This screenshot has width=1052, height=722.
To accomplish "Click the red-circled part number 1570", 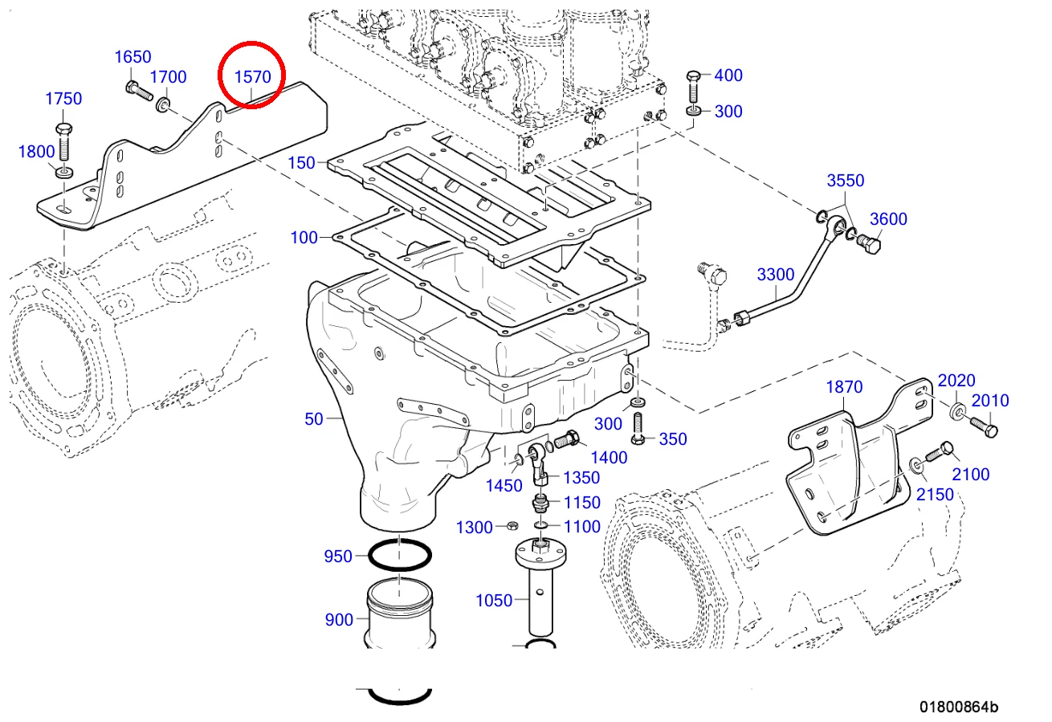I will click(x=251, y=78).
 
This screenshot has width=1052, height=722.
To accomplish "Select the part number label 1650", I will click(x=133, y=57).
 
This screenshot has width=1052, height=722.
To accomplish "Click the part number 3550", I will click(x=846, y=181).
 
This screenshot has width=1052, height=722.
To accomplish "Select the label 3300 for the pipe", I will click(x=776, y=275).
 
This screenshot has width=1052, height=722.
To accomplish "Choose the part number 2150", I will click(x=936, y=494).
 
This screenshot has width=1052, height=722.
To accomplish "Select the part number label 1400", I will click(x=608, y=458).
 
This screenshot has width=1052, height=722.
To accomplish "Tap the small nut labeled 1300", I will click(x=512, y=526).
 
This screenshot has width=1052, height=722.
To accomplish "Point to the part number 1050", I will click(x=494, y=600).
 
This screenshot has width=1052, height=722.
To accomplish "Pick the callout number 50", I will click(x=313, y=418).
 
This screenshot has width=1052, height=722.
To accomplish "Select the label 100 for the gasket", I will click(x=304, y=238).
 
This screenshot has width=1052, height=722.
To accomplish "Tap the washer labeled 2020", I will click(x=958, y=413).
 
